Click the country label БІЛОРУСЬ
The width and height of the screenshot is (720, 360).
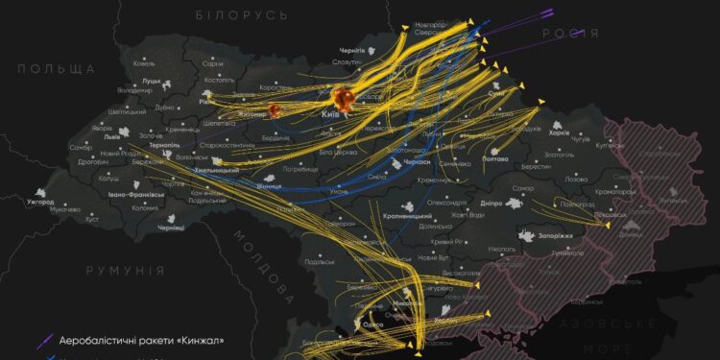(x=241, y=15)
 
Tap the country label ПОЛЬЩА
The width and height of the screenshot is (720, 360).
(x=57, y=69)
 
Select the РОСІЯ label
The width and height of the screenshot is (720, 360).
(x=570, y=34)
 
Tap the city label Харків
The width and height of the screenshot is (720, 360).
(x=561, y=132)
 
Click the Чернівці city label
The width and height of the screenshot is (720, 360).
(x=171, y=228)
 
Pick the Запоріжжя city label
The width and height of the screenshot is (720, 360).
(x=555, y=234)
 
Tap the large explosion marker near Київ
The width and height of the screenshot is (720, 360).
(x=344, y=97)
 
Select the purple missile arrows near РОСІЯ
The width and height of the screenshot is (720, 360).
(x=538, y=14)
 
